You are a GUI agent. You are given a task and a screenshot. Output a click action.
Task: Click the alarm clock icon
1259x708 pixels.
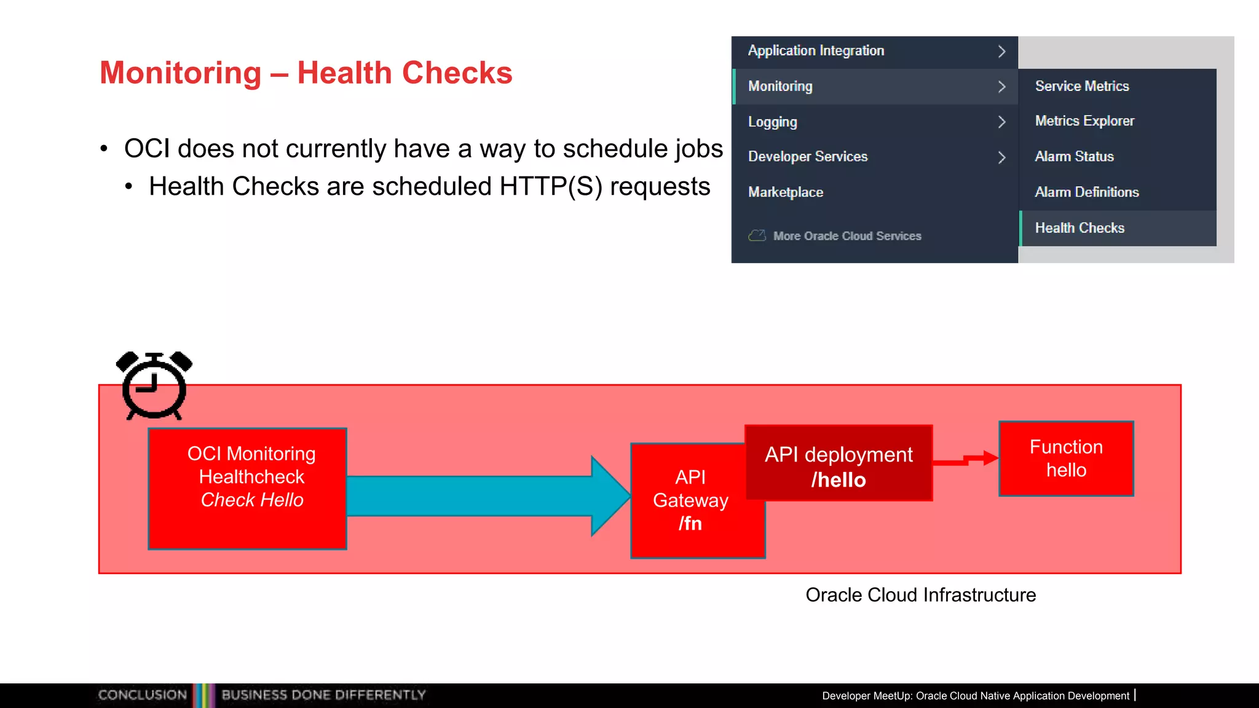(154, 386)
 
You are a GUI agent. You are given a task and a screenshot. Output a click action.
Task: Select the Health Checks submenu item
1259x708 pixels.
(1079, 228)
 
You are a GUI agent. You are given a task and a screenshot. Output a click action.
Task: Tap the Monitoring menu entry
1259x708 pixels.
(780, 87)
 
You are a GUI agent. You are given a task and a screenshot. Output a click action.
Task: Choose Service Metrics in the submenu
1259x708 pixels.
(1081, 87)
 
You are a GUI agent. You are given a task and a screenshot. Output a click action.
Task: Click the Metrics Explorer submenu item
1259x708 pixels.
(1084, 121)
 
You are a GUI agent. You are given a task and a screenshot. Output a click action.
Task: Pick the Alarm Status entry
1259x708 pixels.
(1074, 157)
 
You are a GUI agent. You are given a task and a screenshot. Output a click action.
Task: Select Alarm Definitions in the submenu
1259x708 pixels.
(1086, 192)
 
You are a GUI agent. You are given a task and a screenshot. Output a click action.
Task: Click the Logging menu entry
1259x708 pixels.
(772, 122)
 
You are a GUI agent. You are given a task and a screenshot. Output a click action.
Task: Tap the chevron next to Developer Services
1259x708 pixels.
(1001, 157)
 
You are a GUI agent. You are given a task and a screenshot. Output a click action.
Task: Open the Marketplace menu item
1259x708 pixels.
(785, 192)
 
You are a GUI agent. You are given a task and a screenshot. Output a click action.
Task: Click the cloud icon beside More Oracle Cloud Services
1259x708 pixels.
(757, 235)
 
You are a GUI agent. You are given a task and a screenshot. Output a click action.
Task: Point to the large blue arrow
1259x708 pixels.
(486, 495)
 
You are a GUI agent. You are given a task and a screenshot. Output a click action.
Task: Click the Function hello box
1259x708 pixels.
(1066, 458)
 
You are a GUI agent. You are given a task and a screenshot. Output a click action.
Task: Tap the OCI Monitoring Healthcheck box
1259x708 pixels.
(248, 489)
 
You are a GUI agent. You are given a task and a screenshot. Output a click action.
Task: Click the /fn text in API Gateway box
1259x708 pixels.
(690, 524)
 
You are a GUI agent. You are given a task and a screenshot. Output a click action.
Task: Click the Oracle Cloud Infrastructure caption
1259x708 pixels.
(920, 595)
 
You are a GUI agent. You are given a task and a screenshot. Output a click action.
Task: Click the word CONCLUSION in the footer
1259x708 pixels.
(143, 695)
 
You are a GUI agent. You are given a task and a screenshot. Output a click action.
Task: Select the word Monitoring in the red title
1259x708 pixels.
(181, 73)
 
